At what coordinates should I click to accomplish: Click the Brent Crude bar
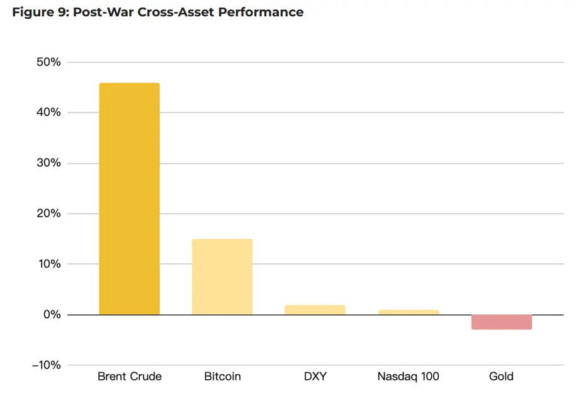click(129, 199)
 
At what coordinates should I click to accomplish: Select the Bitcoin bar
click(222, 277)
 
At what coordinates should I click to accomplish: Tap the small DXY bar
click(315, 310)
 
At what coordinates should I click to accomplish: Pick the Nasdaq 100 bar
click(408, 312)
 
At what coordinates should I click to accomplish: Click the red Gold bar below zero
click(501, 322)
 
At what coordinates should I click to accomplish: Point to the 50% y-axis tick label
click(48, 62)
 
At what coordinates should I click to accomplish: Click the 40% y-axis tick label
click(48, 113)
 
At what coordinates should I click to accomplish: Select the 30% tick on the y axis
click(48, 163)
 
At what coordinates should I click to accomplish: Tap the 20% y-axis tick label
click(48, 214)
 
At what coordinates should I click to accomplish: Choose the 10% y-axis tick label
click(48, 264)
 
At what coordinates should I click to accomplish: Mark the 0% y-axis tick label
click(51, 314)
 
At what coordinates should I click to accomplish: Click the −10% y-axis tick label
click(45, 365)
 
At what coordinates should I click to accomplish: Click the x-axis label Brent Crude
click(130, 377)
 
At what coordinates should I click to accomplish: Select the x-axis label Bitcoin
click(222, 377)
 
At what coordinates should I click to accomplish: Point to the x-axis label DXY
click(315, 377)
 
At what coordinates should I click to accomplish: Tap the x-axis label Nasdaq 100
click(408, 377)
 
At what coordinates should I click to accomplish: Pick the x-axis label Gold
click(501, 377)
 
